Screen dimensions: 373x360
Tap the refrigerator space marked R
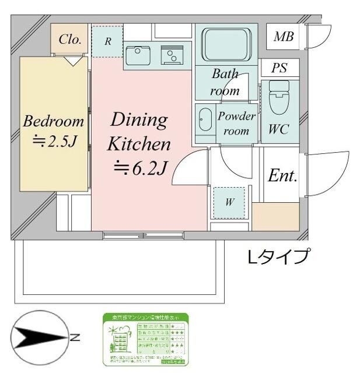(108, 41)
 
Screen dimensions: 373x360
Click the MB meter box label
(284, 37)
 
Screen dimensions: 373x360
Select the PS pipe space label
(279, 68)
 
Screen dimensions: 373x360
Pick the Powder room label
(236, 123)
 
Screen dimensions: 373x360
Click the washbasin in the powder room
(205, 120)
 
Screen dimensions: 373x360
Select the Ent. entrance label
(282, 176)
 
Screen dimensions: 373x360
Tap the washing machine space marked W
(230, 202)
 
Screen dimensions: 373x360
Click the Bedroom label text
(53, 122)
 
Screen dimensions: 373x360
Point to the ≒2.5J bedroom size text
(53, 142)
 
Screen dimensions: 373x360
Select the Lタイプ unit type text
(278, 256)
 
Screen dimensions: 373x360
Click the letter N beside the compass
(75, 337)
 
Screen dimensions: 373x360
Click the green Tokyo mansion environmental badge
(145, 340)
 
